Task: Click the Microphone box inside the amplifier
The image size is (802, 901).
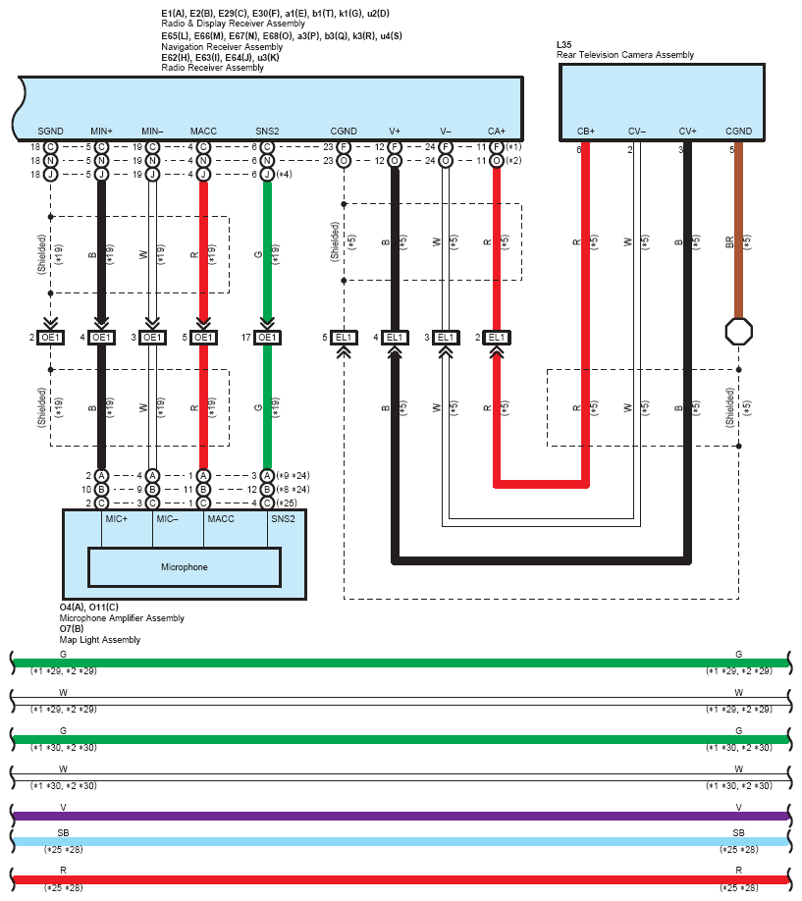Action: coord(184,567)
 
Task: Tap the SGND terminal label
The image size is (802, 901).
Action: coord(51,131)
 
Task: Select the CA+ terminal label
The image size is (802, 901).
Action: coord(496,131)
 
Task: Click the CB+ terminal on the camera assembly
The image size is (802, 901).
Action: coord(586,131)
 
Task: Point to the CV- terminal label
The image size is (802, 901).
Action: coord(636,131)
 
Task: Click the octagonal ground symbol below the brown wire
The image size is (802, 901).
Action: coord(739,332)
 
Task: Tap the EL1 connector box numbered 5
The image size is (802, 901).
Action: coord(344,338)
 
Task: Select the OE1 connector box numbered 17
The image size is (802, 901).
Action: coord(267,338)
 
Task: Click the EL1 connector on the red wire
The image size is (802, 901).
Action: coord(496,338)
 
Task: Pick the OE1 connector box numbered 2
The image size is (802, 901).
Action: coord(51,338)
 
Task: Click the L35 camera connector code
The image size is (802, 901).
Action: coord(564,45)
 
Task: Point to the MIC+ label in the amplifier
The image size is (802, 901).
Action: coord(116,519)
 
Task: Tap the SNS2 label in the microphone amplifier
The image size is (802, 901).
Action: coord(283,519)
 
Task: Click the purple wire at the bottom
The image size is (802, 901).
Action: coord(401,816)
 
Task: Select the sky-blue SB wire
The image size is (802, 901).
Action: coord(401,841)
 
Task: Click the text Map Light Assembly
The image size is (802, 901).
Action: coord(100,640)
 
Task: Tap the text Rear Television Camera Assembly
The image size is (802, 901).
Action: coord(625,55)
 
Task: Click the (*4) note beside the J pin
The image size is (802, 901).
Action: coord(284,174)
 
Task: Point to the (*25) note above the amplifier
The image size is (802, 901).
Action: coord(287,503)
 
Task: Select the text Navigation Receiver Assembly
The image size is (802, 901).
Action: coord(222,46)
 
